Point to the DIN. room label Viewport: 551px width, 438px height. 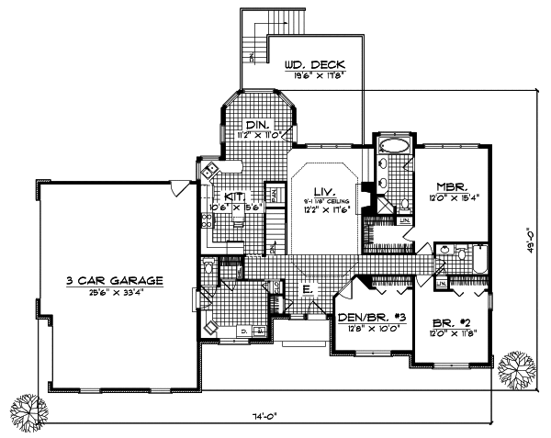[x=257, y=125]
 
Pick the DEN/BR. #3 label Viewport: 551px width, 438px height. [x=370, y=318]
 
